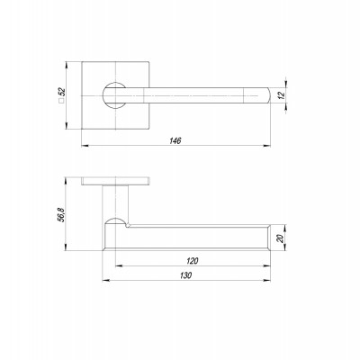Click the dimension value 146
[x=175, y=140]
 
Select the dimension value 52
[x=61, y=92]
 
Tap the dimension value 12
[x=281, y=95]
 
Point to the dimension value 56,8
[x=61, y=214]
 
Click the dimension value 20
[x=280, y=238]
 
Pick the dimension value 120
[x=192, y=261]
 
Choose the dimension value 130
[x=185, y=275]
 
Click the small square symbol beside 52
[x=61, y=101]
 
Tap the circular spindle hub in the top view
[x=114, y=94]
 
